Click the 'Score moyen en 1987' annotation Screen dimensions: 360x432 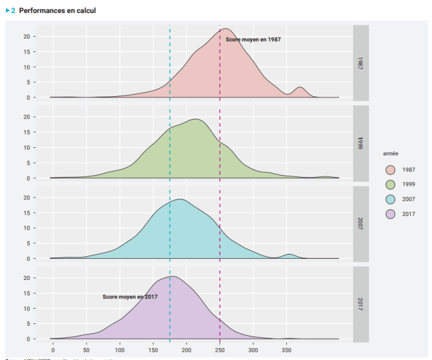[253, 39]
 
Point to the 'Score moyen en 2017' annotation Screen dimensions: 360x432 [130, 297]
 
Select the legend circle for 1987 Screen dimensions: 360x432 [390, 169]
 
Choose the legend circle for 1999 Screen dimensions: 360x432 [390, 184]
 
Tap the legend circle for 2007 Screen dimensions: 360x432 [390, 199]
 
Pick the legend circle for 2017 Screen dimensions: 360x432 [390, 214]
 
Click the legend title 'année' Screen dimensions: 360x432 [391, 153]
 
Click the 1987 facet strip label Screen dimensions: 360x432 [361, 62]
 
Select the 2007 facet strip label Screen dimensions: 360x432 [361, 223]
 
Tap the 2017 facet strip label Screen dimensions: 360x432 [361, 304]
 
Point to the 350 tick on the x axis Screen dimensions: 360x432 [287, 350]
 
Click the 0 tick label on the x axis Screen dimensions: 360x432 [53, 350]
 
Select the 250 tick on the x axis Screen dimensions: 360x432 [220, 350]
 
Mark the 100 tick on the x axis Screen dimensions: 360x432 [120, 350]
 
